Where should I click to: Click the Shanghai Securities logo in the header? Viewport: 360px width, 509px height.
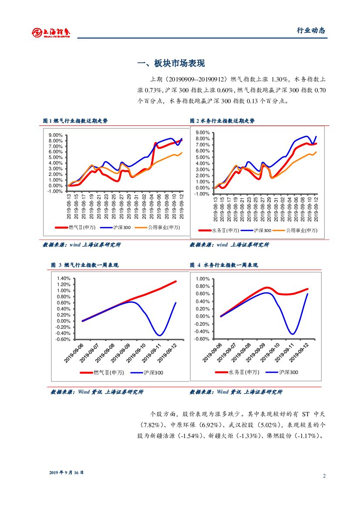click(x=51, y=32)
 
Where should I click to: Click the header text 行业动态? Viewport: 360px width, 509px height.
click(x=311, y=30)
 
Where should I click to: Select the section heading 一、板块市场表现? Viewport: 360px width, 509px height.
click(x=171, y=64)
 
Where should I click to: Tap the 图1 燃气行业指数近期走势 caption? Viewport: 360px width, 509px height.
click(x=75, y=121)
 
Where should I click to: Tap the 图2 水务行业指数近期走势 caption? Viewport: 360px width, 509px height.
click(x=222, y=121)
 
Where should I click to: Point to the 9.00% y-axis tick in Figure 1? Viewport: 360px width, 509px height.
click(x=55, y=135)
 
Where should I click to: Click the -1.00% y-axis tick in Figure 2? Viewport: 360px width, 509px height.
click(x=203, y=194)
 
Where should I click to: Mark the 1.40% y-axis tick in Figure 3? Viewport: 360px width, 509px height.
click(x=63, y=279)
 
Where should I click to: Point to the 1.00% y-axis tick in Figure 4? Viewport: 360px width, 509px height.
click(x=203, y=279)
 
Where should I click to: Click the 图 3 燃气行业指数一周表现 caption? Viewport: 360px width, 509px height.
click(x=84, y=265)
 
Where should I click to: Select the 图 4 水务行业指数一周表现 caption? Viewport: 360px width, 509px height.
click(x=224, y=265)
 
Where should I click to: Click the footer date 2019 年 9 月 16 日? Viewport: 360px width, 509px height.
click(x=66, y=472)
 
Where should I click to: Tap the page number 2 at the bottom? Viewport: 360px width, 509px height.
click(x=324, y=475)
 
